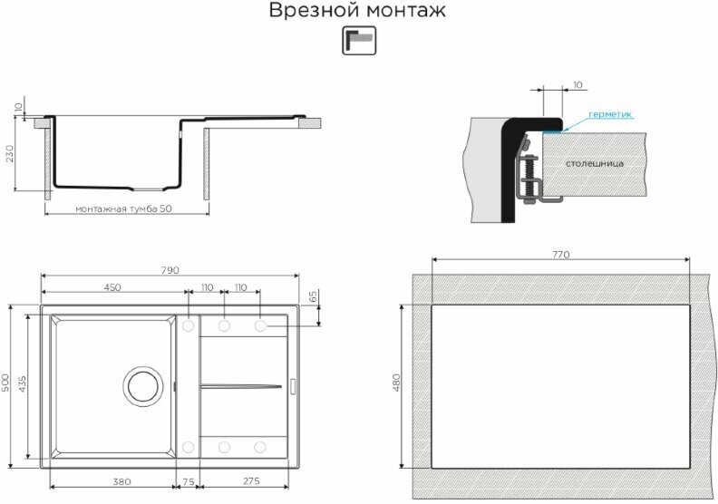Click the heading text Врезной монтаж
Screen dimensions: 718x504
tap(357, 10)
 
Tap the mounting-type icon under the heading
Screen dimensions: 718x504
tap(359, 41)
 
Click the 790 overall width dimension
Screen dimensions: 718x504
tap(170, 270)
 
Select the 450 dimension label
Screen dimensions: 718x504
tap(112, 287)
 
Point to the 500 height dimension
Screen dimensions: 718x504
tap(5, 383)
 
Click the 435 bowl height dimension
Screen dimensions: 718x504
tap(23, 383)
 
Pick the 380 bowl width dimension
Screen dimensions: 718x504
tap(121, 481)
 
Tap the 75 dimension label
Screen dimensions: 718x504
tap(189, 481)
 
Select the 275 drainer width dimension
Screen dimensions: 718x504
tap(251, 481)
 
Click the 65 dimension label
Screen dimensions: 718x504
tap(314, 296)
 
